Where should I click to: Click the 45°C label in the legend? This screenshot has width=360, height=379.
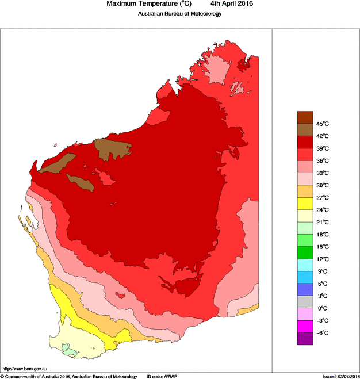[x=322, y=124]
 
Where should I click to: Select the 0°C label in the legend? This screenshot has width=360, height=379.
[x=322, y=308]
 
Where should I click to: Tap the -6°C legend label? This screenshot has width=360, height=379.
[x=322, y=333]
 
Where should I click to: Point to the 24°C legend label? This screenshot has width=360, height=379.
[x=322, y=210]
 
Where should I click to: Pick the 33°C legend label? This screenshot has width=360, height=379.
[x=322, y=173]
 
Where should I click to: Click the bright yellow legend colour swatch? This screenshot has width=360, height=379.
[x=305, y=204]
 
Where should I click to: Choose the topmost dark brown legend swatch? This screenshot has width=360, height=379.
[x=305, y=117]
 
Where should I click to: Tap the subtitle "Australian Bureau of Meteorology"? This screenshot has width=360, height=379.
[x=179, y=14]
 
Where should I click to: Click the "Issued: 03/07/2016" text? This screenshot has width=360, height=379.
[x=340, y=376]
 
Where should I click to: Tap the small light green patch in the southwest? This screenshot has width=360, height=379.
[x=68, y=349]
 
